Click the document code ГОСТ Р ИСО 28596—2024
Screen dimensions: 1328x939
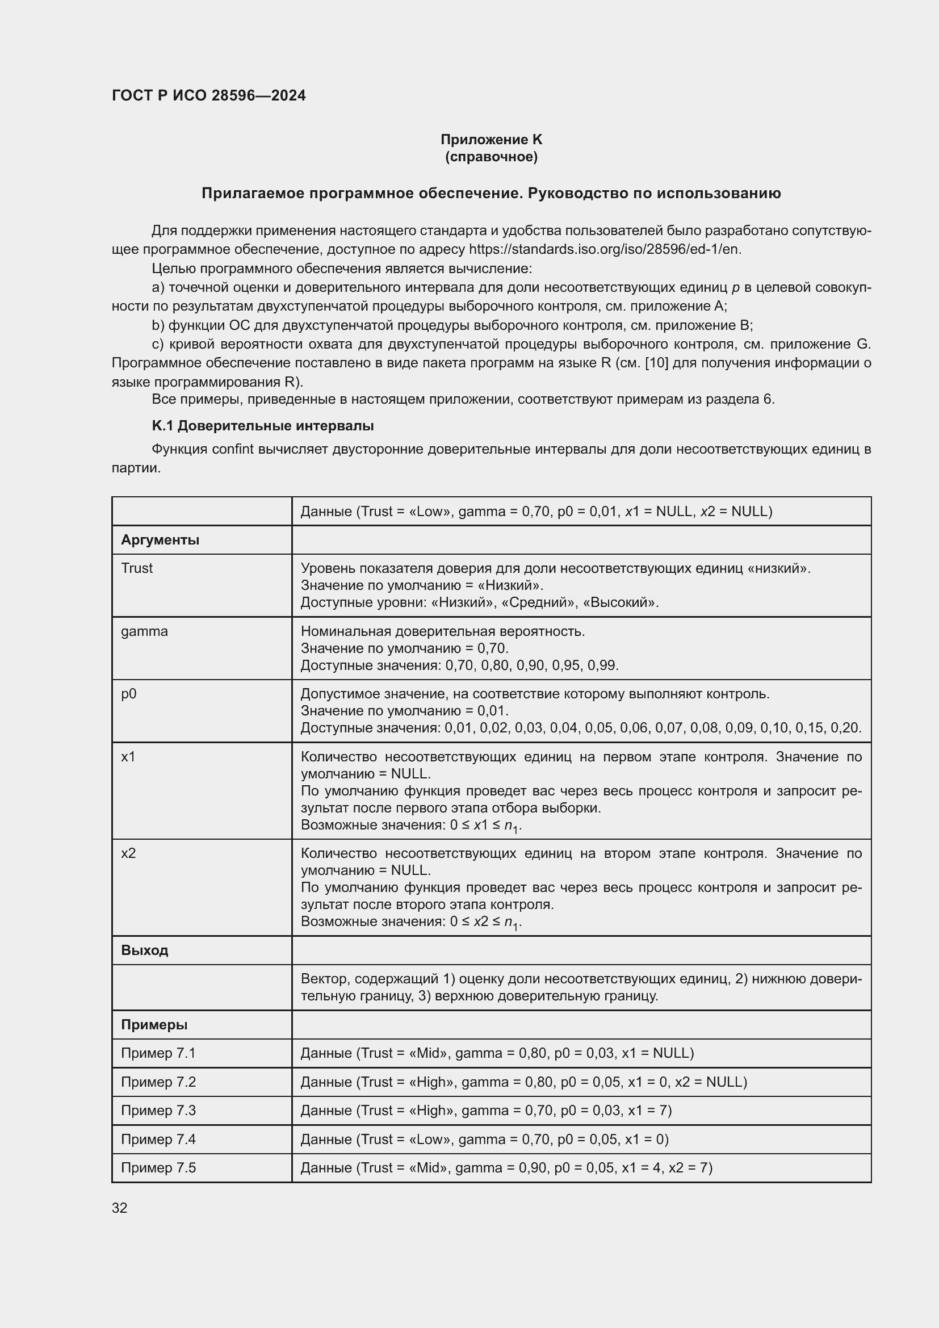pos(209,95)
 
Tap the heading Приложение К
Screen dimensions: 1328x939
pos(491,140)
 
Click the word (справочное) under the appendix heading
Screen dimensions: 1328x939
pos(491,157)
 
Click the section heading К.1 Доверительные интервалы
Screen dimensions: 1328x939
pos(262,426)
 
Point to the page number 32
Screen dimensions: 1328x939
pos(120,1208)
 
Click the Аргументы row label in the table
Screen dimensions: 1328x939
pos(160,539)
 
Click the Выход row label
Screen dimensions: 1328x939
pos(145,950)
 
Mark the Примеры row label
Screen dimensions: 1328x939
pos(154,1025)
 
